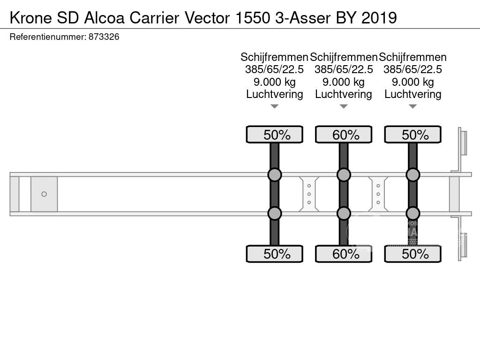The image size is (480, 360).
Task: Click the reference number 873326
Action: point(104,37)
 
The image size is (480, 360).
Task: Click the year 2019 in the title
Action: point(379,17)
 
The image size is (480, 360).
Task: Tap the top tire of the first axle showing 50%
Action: point(275,135)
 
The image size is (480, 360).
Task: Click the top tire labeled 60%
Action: point(344,135)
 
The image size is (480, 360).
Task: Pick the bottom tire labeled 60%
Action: point(344,254)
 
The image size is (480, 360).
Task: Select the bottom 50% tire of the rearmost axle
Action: point(413,254)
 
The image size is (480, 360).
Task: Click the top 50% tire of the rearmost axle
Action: point(413,135)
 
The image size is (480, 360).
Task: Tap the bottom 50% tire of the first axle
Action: point(275,254)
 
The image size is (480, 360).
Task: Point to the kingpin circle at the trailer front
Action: point(44,194)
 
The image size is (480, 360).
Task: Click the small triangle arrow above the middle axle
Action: point(344,107)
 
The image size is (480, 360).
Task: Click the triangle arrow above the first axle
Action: point(275,107)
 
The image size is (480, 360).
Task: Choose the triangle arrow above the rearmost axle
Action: point(413,107)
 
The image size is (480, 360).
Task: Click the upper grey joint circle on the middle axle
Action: point(344,175)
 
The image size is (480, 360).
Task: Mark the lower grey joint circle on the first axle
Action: point(275,213)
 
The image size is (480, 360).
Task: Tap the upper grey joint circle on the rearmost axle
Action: point(413,175)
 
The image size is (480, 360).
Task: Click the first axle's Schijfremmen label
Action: point(274,57)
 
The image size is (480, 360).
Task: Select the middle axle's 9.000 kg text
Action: point(344,82)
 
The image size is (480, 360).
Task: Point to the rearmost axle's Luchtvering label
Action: point(413,94)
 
